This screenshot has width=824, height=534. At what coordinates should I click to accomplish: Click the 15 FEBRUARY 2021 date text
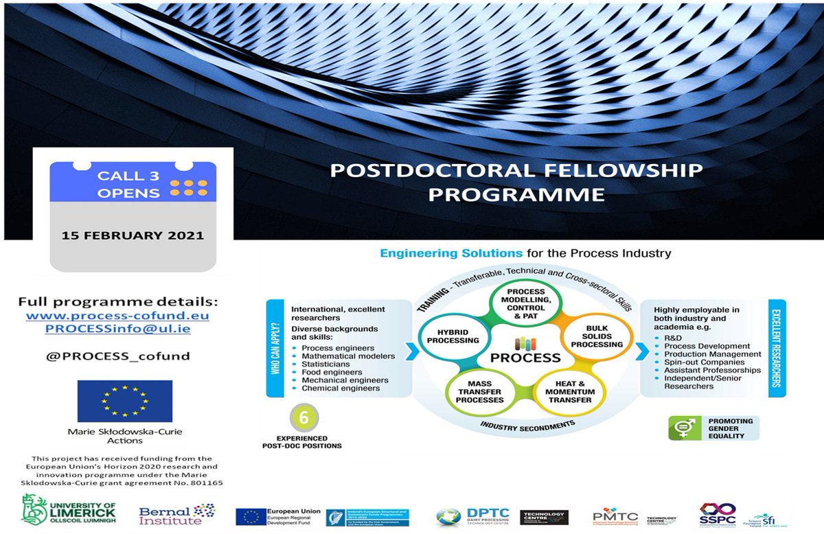pos(133,235)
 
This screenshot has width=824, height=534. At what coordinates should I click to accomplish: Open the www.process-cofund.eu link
pos(117,316)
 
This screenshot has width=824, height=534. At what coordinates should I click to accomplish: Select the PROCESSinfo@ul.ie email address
pos(117,329)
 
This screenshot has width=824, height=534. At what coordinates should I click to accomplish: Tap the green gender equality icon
pos(683,427)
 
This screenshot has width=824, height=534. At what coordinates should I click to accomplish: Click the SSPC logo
pos(717,515)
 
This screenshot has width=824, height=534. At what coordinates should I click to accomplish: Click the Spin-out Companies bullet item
pos(703,362)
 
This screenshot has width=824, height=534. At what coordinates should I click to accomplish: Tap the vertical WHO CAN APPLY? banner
pos(276,348)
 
